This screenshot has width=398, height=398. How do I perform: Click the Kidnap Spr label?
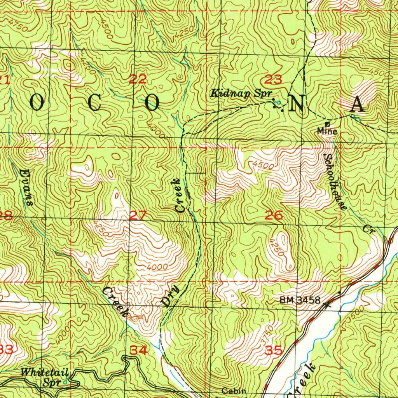tap(241, 94)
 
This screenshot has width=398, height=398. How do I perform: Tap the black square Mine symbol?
tap(327, 124)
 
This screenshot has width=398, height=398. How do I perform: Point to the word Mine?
tap(327, 131)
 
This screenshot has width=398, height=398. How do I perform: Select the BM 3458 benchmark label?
tap(300, 300)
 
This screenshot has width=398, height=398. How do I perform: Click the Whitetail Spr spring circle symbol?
tap(65, 382)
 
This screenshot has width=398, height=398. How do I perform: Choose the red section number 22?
tap(138, 80)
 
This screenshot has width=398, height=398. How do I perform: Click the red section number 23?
tap(273, 80)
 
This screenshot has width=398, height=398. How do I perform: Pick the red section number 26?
tap(274, 215)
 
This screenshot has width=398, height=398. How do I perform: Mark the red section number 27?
tap(138, 215)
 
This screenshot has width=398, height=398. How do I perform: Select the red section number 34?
tap(139, 351)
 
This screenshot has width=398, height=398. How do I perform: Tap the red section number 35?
tap(273, 351)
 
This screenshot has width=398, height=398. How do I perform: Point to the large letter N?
tap(297, 104)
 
